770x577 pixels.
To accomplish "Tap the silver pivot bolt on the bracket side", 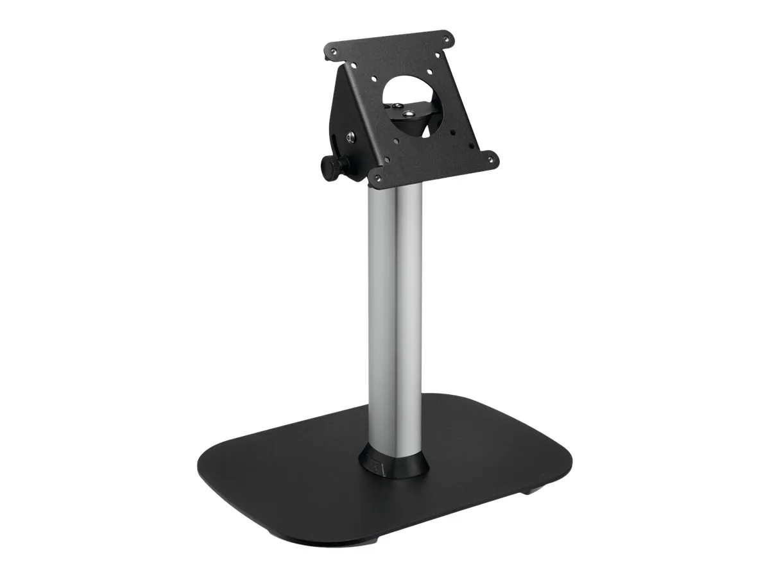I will [x=351, y=137].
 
